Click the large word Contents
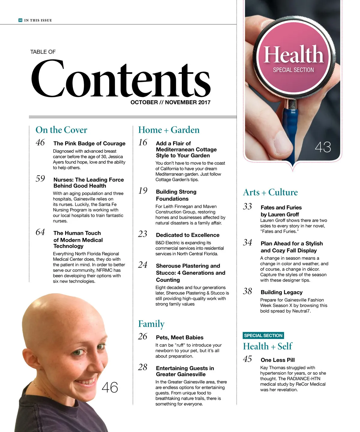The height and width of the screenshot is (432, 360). (x=121, y=79)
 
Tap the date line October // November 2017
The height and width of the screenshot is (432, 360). (x=170, y=102)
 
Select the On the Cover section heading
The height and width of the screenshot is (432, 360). (x=61, y=130)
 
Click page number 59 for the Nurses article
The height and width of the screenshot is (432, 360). (x=40, y=179)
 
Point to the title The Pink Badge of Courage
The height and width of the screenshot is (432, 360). (x=89, y=143)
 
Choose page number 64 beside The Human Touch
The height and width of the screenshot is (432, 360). (x=40, y=232)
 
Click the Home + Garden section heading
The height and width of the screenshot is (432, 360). (x=169, y=130)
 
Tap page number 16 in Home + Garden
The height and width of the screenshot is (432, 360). (x=143, y=142)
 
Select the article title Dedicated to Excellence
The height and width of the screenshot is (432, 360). (x=187, y=235)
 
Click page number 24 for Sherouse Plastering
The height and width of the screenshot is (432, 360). (x=143, y=265)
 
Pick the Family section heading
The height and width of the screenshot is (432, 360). (x=151, y=324)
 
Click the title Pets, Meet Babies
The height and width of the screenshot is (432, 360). (x=179, y=337)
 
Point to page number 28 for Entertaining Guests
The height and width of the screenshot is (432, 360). (x=143, y=367)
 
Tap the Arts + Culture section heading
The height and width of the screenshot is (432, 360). (x=270, y=192)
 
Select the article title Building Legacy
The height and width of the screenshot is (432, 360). (x=281, y=292)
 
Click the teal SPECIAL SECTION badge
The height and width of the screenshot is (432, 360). (x=263, y=335)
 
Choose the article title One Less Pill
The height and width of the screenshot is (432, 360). (x=277, y=360)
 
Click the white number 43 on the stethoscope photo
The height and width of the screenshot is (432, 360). (x=323, y=147)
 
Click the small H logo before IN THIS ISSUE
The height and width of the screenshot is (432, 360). (x=20, y=20)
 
